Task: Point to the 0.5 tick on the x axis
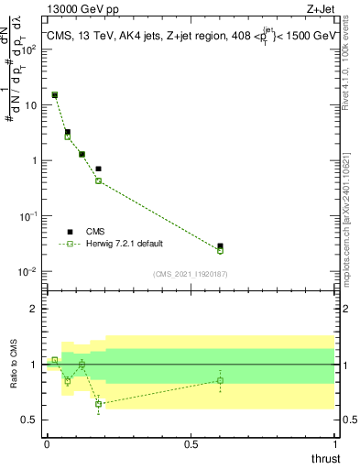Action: pos(191,444)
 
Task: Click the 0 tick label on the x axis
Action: pos(47,444)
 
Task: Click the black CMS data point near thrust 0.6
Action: pos(220,246)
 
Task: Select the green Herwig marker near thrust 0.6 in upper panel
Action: pos(220,250)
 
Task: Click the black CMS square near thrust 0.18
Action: pos(98,169)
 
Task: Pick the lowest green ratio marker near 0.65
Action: pos(98,404)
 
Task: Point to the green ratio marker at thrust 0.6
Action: pos(220,380)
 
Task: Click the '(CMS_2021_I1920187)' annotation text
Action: pos(191,273)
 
